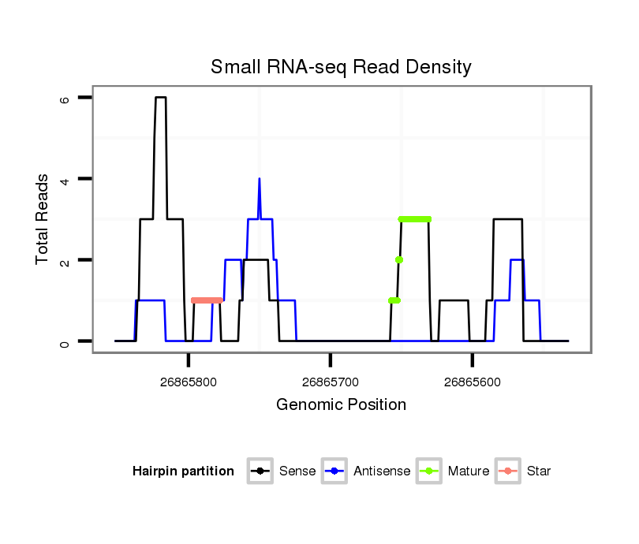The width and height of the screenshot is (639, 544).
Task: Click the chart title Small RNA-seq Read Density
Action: click(x=341, y=67)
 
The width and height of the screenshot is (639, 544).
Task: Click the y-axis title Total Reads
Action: click(x=43, y=219)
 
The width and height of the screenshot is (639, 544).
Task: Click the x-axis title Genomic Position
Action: click(x=341, y=405)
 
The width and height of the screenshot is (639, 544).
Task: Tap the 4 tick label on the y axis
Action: click(x=65, y=179)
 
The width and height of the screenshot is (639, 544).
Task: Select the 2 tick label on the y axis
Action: click(x=65, y=260)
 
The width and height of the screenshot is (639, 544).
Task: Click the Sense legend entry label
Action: click(x=297, y=471)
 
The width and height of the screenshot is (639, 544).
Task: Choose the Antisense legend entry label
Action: click(x=382, y=471)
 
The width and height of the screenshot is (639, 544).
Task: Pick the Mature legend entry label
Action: click(x=469, y=471)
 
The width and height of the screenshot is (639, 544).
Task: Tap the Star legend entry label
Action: click(x=538, y=471)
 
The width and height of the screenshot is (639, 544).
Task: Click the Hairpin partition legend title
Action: click(x=183, y=471)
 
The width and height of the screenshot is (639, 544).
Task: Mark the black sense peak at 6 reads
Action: click(x=161, y=98)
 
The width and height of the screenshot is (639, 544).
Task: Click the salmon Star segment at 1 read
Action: click(x=207, y=300)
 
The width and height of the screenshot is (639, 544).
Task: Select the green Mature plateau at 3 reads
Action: click(x=415, y=219)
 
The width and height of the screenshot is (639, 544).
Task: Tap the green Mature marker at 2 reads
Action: click(x=399, y=259)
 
